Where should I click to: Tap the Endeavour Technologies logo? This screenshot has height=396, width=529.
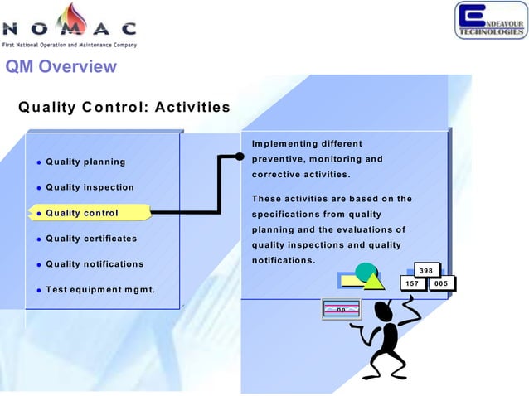489,20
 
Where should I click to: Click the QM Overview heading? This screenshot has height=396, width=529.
61,66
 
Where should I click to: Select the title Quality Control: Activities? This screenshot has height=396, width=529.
124,107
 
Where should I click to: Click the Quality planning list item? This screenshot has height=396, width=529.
85,162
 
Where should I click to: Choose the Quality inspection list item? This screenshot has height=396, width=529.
90,187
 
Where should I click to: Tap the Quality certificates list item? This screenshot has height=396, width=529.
91,239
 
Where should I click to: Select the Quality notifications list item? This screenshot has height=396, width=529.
95,264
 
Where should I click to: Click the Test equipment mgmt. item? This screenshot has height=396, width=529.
100,290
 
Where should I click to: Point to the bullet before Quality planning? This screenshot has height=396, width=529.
38,162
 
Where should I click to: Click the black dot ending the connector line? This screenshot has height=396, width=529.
240,157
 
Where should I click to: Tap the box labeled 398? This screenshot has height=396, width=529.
425,270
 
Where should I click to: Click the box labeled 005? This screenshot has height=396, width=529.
441,284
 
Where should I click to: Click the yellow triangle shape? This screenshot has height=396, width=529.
372,280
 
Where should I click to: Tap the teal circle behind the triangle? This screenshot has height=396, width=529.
366,272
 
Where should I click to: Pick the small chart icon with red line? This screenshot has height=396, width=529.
342,309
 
